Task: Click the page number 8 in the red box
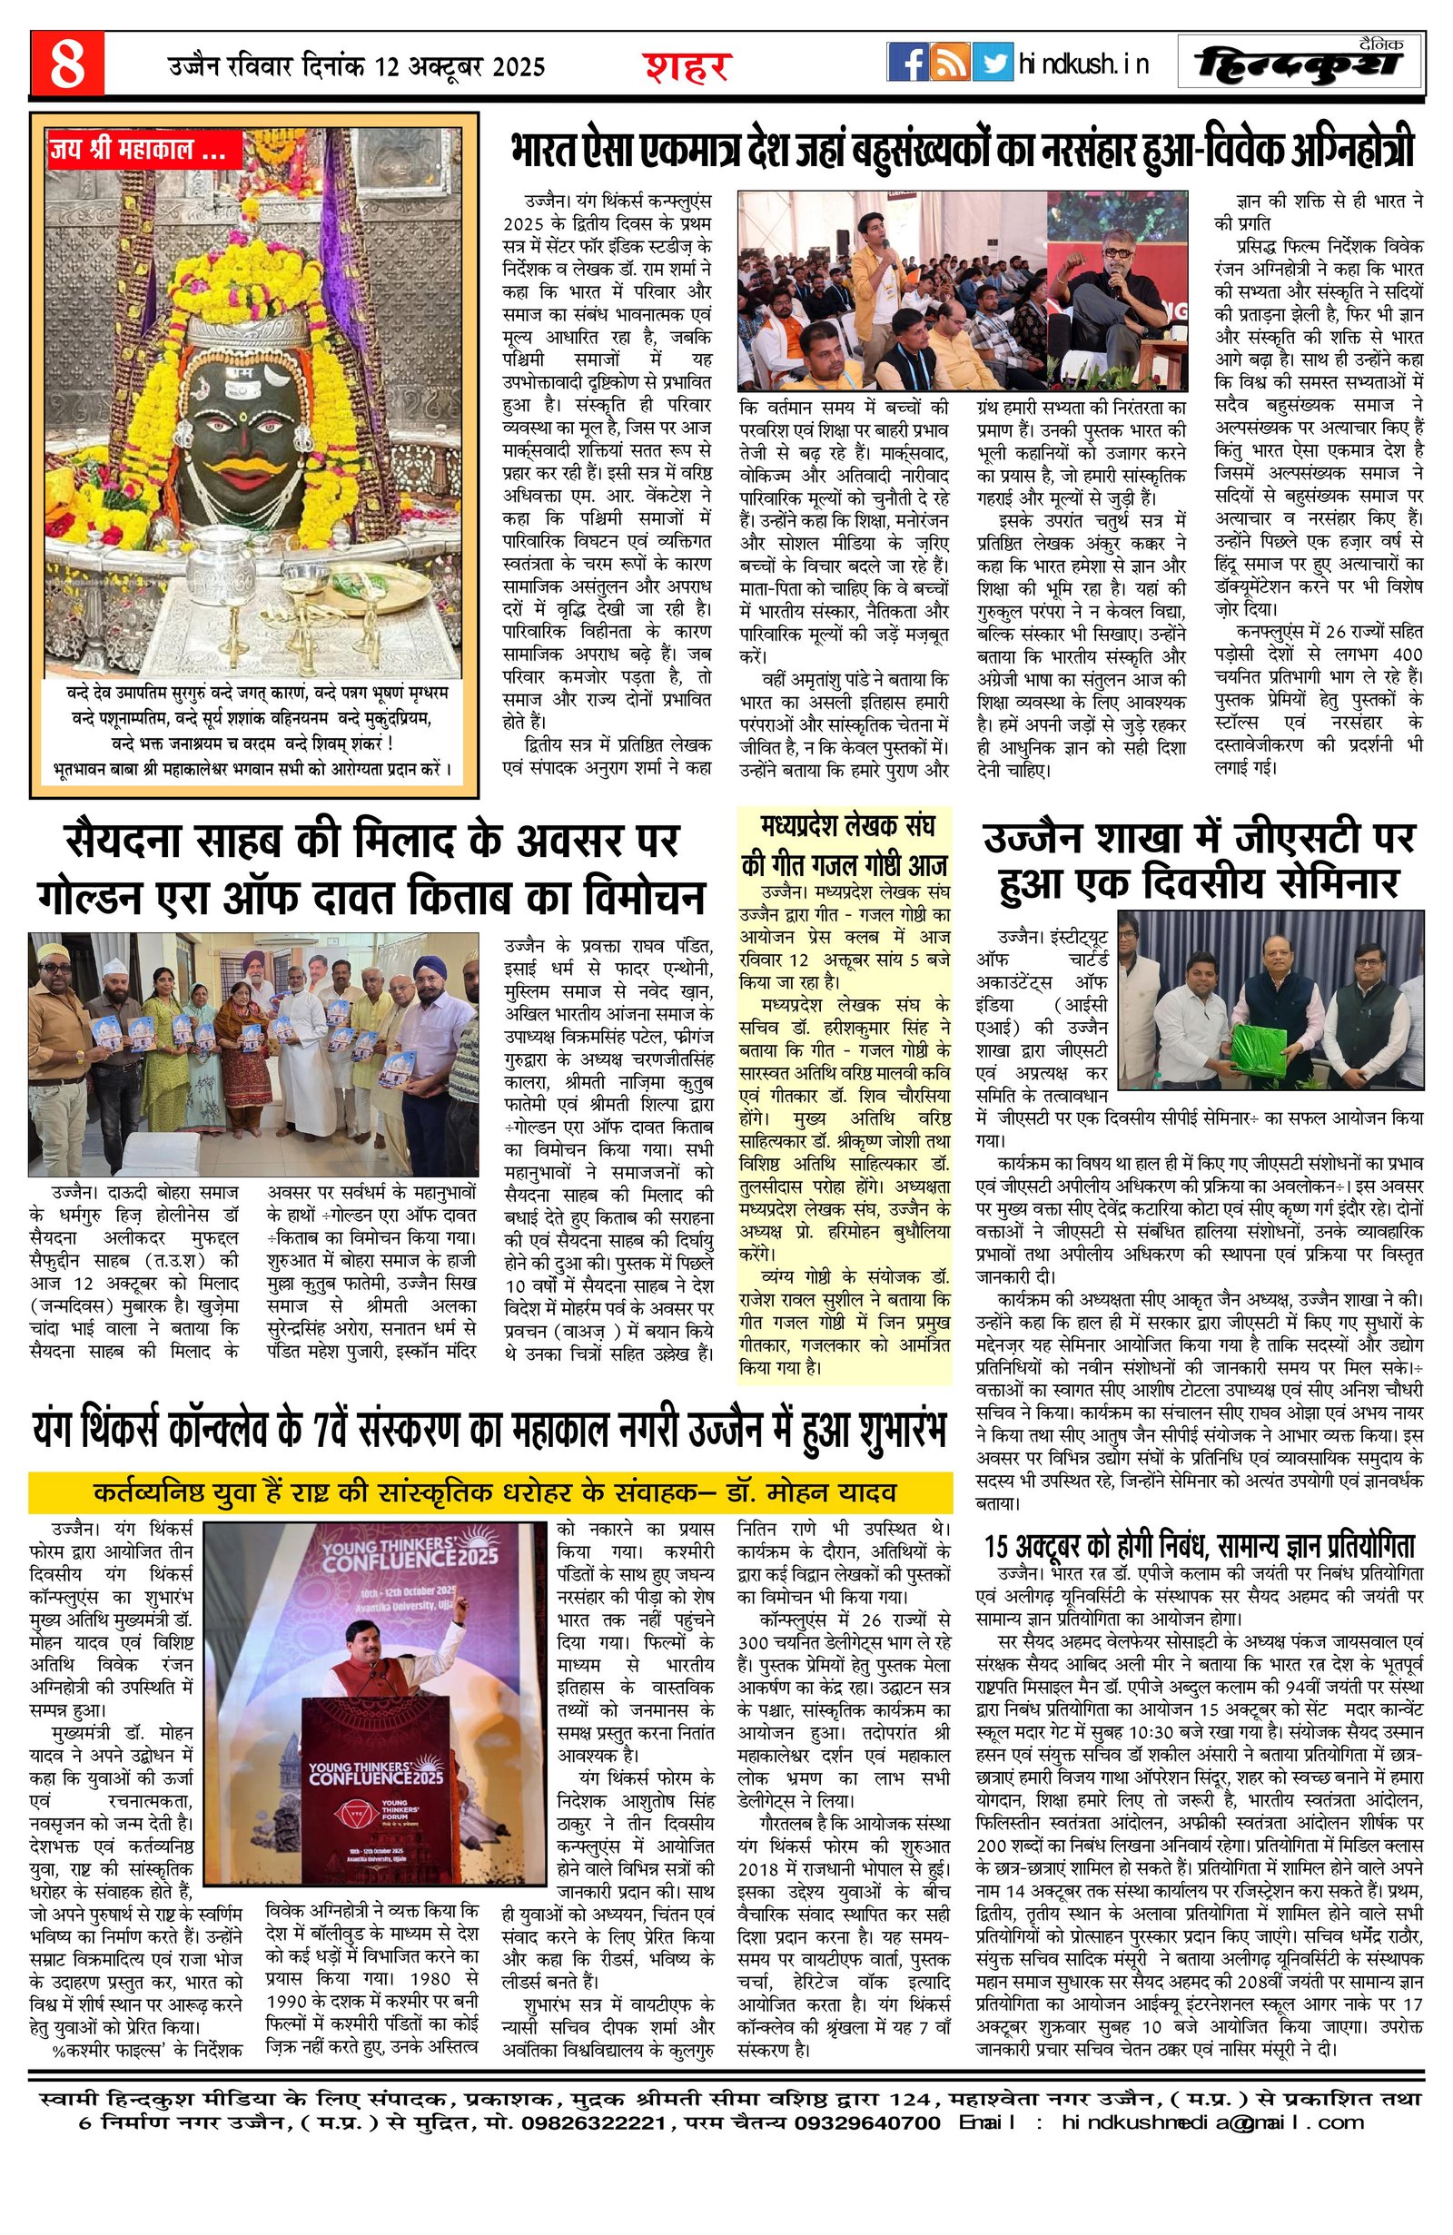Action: point(66,64)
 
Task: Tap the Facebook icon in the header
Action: point(907,63)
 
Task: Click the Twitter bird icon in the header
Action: point(993,63)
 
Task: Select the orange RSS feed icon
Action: point(951,63)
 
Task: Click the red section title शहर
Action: point(687,66)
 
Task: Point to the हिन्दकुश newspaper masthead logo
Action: point(1300,64)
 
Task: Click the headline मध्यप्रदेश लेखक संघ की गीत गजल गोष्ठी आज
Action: point(845,845)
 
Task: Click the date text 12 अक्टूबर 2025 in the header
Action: point(460,66)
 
